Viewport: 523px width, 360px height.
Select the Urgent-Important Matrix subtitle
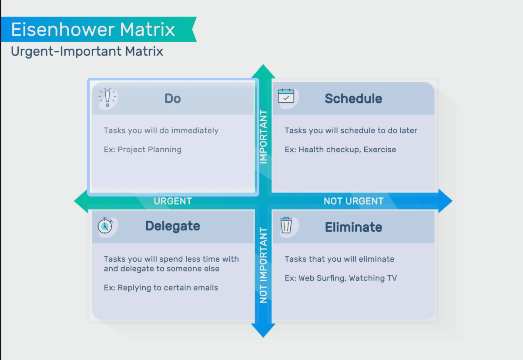tap(87, 51)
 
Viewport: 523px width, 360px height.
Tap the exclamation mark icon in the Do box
tap(107, 98)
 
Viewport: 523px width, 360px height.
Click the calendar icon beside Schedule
tap(286, 96)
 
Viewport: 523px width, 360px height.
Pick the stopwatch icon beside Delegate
tap(105, 226)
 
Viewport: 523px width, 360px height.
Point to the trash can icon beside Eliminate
tap(286, 225)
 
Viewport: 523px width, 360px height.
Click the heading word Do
tap(172, 99)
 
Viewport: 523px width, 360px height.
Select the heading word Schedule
tap(353, 99)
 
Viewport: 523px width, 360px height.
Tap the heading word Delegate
tap(172, 226)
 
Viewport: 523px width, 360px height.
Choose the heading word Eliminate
tap(353, 227)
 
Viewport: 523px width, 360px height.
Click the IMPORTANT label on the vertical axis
tap(263, 137)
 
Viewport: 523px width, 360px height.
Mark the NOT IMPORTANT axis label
tap(263, 265)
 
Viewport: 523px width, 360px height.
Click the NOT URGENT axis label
tap(353, 201)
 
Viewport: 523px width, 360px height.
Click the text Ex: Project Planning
tap(143, 150)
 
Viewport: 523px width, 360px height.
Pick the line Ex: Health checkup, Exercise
tap(340, 150)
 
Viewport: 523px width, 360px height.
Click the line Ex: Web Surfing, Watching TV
tap(341, 278)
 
